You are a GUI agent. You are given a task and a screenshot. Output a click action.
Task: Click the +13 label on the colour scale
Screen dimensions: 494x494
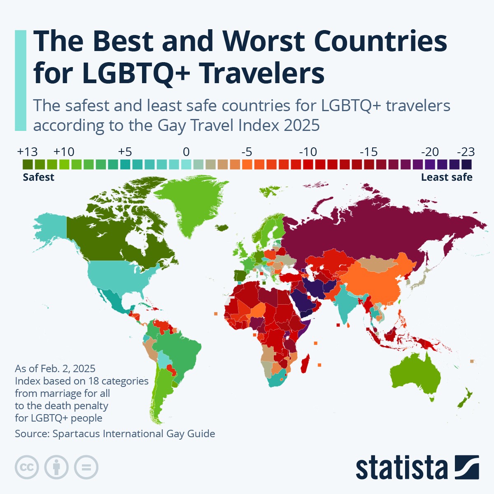pos(27,152)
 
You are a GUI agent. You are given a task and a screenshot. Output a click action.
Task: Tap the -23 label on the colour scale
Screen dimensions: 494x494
pos(466,152)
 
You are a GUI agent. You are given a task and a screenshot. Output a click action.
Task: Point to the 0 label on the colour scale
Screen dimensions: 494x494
pos(186,152)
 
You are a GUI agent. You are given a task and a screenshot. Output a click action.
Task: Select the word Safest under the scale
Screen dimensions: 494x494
pos(38,177)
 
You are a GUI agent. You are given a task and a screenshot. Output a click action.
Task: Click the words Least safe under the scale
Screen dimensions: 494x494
pos(447,177)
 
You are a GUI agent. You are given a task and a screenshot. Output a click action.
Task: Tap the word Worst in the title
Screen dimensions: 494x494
pos(264,41)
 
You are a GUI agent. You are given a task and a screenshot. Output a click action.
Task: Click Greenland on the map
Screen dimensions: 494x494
pos(187,202)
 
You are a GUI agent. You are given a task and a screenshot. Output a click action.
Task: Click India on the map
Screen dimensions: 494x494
pos(346,305)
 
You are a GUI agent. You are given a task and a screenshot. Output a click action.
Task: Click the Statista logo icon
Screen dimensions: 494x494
pos(467,467)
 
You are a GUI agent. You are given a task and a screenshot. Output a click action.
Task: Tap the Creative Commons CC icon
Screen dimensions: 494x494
pos(27,467)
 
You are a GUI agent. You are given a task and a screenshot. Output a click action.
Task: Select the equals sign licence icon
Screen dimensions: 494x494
pos(86,467)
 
